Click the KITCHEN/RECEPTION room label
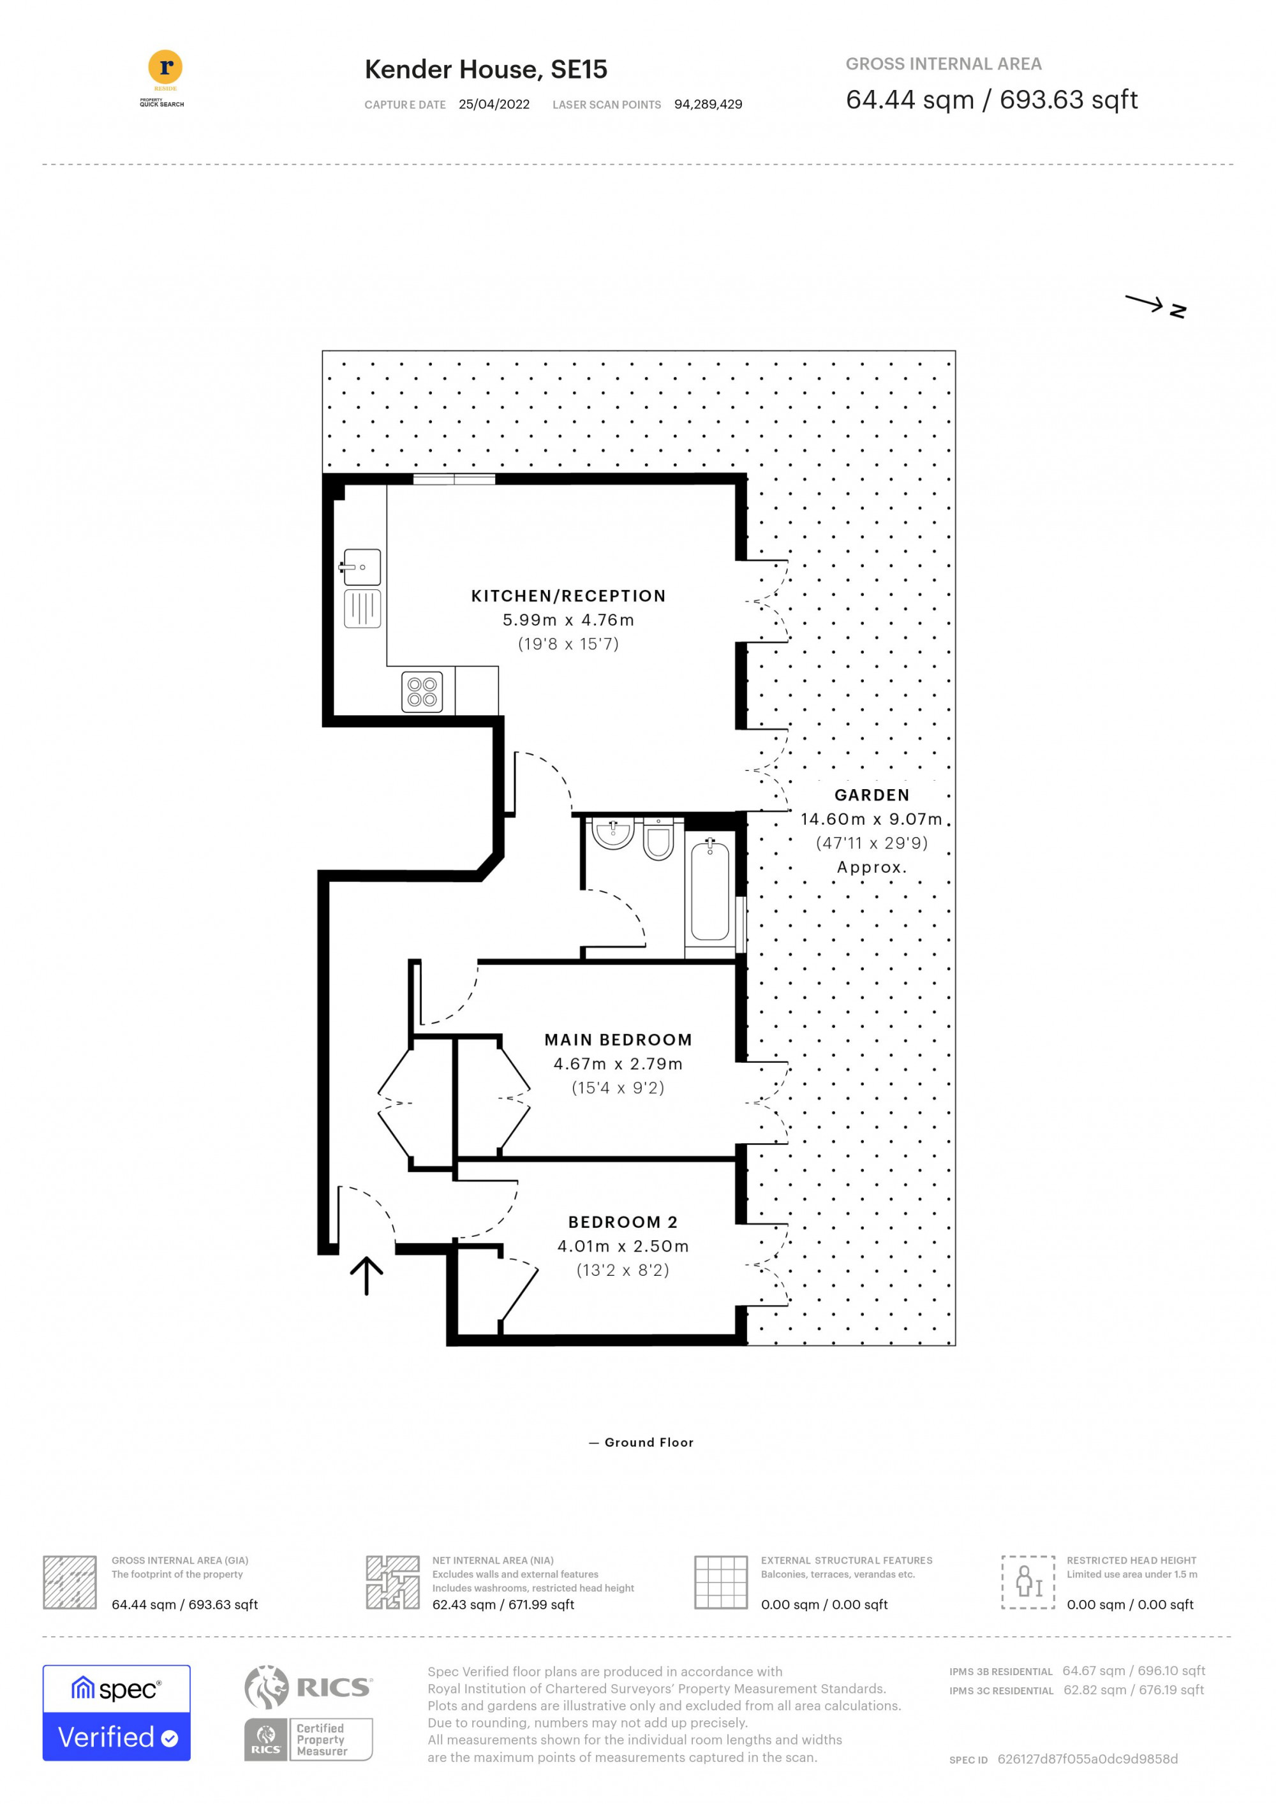click(x=568, y=596)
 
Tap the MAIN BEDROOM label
click(x=618, y=1040)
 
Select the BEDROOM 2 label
click(x=622, y=1222)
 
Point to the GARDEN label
click(x=872, y=795)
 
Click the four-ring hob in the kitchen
click(x=422, y=691)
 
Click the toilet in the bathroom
click(x=658, y=839)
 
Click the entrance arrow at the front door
click(x=366, y=1275)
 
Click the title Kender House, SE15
click(x=486, y=69)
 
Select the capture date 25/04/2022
click(x=494, y=105)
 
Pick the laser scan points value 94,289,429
click(x=708, y=105)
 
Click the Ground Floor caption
click(x=648, y=1442)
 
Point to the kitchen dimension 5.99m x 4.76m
click(x=568, y=620)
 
